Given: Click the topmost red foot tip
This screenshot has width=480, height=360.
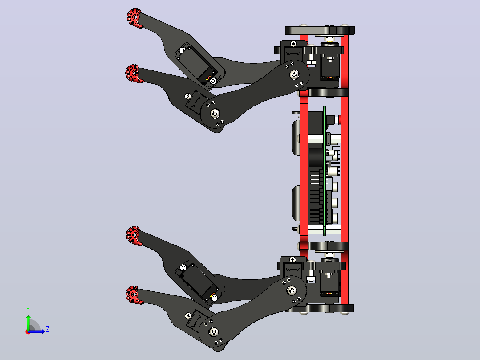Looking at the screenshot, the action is tap(134, 18).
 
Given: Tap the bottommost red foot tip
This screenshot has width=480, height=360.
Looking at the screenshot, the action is tap(134, 295).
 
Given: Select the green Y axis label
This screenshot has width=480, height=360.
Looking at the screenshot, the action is tap(28, 310).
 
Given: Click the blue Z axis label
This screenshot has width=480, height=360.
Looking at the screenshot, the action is tap(48, 329).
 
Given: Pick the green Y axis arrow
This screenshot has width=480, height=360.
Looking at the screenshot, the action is tap(28, 323).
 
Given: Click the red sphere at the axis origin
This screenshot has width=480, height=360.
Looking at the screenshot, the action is tap(28, 332).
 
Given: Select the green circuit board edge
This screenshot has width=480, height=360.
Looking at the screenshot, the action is tap(325, 171).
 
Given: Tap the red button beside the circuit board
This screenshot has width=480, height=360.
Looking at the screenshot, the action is tap(339, 119).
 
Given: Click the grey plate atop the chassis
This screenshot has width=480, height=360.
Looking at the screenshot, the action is tap(307, 30).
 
